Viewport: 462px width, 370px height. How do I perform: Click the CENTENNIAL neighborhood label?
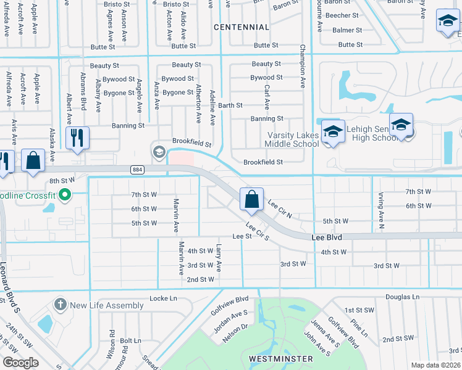(x=241, y=27)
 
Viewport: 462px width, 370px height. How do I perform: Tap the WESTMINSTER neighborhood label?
(x=281, y=358)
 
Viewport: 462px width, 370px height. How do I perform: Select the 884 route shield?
(x=137, y=169)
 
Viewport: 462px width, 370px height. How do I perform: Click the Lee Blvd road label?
(x=327, y=237)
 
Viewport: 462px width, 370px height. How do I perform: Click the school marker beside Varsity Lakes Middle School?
(x=333, y=132)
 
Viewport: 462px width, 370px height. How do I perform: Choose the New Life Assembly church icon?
(x=60, y=305)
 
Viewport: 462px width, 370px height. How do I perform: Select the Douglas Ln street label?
(x=402, y=297)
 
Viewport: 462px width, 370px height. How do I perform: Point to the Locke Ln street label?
(x=163, y=298)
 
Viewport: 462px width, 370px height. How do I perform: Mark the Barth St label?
(x=230, y=105)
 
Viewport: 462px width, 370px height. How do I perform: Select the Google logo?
(x=21, y=363)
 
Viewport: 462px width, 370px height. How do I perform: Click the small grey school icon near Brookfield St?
(x=159, y=152)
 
